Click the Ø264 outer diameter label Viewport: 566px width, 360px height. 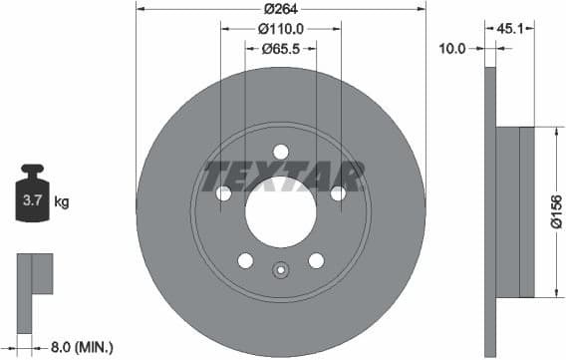coord(281,11)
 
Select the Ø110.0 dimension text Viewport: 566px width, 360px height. coord(282,29)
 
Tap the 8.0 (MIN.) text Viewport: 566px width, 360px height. coord(82,347)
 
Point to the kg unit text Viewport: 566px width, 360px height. coord(62,202)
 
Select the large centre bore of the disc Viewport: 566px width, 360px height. coord(281,212)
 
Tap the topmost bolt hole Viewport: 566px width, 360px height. coord(281,152)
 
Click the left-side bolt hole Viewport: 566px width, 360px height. coord(223,193)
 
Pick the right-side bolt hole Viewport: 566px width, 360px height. coord(339,193)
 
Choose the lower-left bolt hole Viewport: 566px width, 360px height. coord(245,260)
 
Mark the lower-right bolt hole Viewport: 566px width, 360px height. coord(317,260)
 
